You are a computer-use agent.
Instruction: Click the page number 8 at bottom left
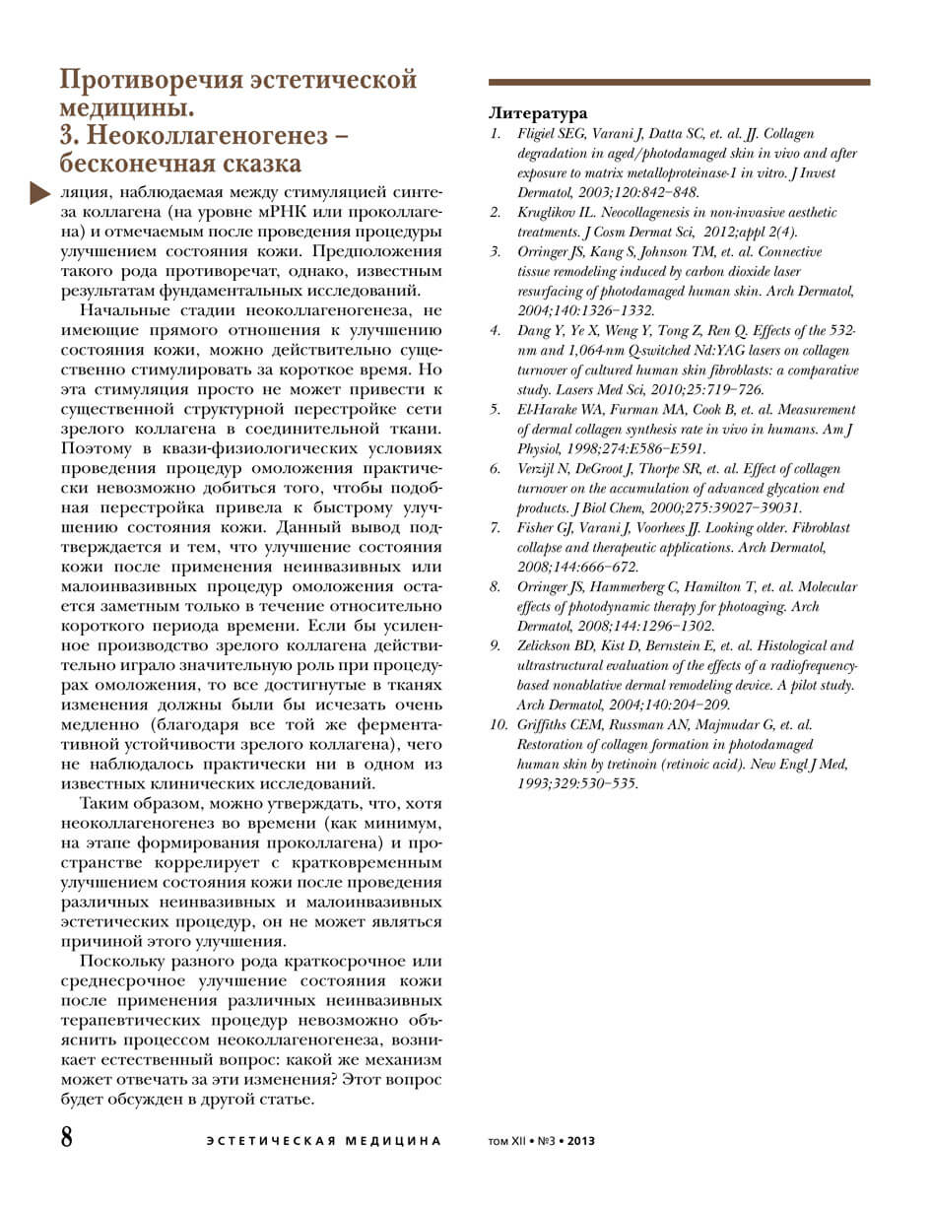coord(67,1138)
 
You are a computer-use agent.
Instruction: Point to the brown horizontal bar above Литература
coord(679,83)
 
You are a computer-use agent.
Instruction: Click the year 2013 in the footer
coord(580,1141)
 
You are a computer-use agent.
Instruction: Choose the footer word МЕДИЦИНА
coord(393,1141)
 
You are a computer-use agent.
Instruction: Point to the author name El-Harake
coord(550,410)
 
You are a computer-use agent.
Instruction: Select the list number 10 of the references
coord(499,725)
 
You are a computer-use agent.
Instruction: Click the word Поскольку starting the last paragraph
coord(123,961)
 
